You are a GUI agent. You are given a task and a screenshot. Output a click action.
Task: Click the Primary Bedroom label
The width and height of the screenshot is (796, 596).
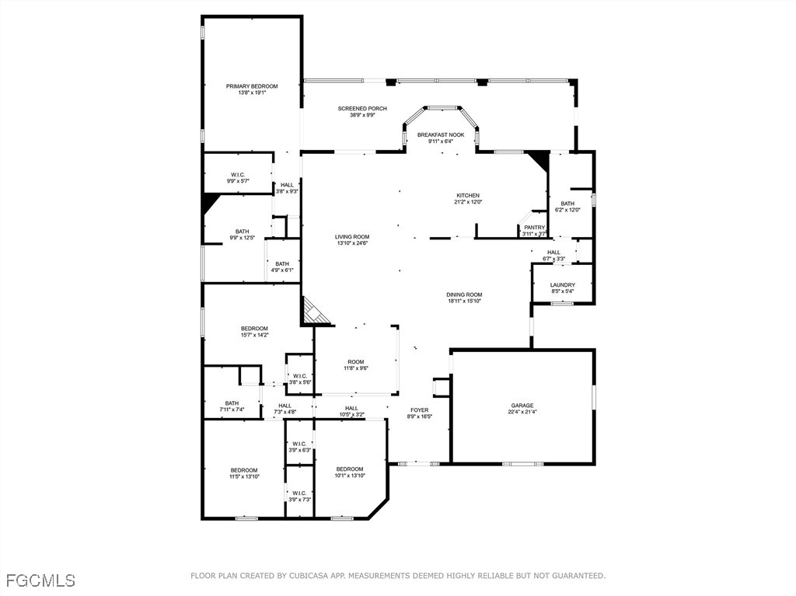click(x=251, y=86)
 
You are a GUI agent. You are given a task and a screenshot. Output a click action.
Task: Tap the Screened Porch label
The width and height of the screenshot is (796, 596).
click(x=362, y=109)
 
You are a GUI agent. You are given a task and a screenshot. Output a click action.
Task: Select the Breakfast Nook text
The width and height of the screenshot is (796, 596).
click(x=440, y=135)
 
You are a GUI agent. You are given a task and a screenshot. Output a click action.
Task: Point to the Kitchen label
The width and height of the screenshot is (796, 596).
click(x=467, y=196)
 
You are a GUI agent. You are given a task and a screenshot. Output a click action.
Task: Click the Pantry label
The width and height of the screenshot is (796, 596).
click(x=534, y=228)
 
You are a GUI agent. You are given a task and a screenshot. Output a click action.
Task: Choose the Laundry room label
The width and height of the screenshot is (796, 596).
click(x=562, y=285)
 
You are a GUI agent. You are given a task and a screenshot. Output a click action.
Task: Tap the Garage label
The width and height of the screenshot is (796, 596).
click(x=522, y=406)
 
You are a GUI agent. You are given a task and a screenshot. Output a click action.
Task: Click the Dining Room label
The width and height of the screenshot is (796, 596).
click(x=464, y=295)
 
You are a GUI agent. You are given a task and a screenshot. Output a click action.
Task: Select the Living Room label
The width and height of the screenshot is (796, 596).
click(x=352, y=237)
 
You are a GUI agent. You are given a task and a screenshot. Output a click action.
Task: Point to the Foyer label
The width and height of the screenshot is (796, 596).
click(x=419, y=410)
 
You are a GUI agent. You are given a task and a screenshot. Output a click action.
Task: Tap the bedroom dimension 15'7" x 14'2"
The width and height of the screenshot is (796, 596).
click(x=254, y=336)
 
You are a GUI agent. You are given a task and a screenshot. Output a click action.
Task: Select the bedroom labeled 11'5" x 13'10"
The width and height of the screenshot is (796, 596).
click(x=244, y=470)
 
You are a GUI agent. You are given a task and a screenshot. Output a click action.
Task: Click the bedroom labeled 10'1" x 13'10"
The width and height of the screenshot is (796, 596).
click(x=350, y=469)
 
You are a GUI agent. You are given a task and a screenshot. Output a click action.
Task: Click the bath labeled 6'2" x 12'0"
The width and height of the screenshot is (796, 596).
click(x=567, y=204)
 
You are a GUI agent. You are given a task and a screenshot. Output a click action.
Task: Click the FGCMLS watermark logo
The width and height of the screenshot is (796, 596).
click(x=40, y=580)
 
